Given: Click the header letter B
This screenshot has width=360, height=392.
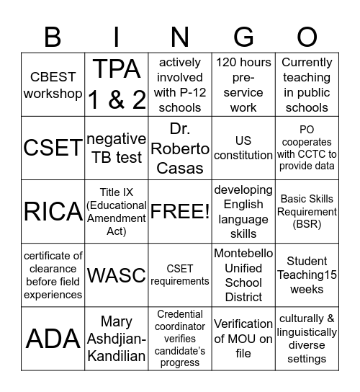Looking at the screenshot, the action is [x=53, y=35].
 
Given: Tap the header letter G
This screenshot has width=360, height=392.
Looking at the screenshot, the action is [x=243, y=35].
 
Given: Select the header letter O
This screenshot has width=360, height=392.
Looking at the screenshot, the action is [x=307, y=35].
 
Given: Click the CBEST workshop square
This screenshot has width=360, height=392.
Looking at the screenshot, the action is [x=53, y=85].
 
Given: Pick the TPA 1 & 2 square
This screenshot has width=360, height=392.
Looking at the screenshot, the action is [x=117, y=85].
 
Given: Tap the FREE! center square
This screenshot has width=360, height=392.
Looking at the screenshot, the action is [x=180, y=212].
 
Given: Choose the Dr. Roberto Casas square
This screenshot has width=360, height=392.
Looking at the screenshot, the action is [x=180, y=148].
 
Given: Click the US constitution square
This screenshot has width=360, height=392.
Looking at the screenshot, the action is [x=243, y=148].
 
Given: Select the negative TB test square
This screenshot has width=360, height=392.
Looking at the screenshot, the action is [x=117, y=148].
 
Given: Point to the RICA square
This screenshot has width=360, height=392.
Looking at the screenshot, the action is [x=53, y=212].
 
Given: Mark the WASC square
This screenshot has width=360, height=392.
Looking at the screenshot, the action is [x=117, y=275].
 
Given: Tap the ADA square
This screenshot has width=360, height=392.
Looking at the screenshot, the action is [x=53, y=339].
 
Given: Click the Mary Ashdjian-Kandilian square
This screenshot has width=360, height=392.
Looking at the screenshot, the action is [x=117, y=339].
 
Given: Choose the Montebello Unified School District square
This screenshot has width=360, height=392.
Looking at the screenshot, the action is [x=243, y=275].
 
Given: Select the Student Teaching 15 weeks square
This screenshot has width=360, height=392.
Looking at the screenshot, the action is [x=307, y=275].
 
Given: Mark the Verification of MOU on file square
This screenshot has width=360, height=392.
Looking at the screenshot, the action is [x=243, y=339].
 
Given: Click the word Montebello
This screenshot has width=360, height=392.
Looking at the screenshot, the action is [x=243, y=254].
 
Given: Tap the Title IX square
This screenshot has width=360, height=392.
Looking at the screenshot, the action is [x=117, y=212].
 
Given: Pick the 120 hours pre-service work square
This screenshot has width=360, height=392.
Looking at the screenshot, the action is [x=243, y=85].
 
